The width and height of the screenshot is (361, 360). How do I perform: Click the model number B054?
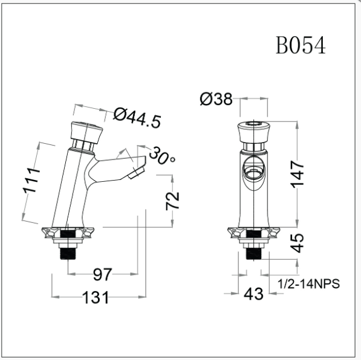coord(301,45)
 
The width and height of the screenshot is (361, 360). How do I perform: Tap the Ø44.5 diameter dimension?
coord(137,118)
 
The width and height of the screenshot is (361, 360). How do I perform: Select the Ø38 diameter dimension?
coord(216,99)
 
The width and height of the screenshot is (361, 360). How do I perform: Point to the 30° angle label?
coord(162,156)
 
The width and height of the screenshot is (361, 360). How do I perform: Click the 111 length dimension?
coord(31,181)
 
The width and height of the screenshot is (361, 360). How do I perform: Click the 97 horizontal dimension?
coord(102,274)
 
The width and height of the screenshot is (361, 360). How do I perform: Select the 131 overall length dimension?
coord(96,297)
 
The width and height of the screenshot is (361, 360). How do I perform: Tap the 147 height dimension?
coord(298,174)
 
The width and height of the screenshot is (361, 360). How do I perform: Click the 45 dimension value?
coord(297,243)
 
